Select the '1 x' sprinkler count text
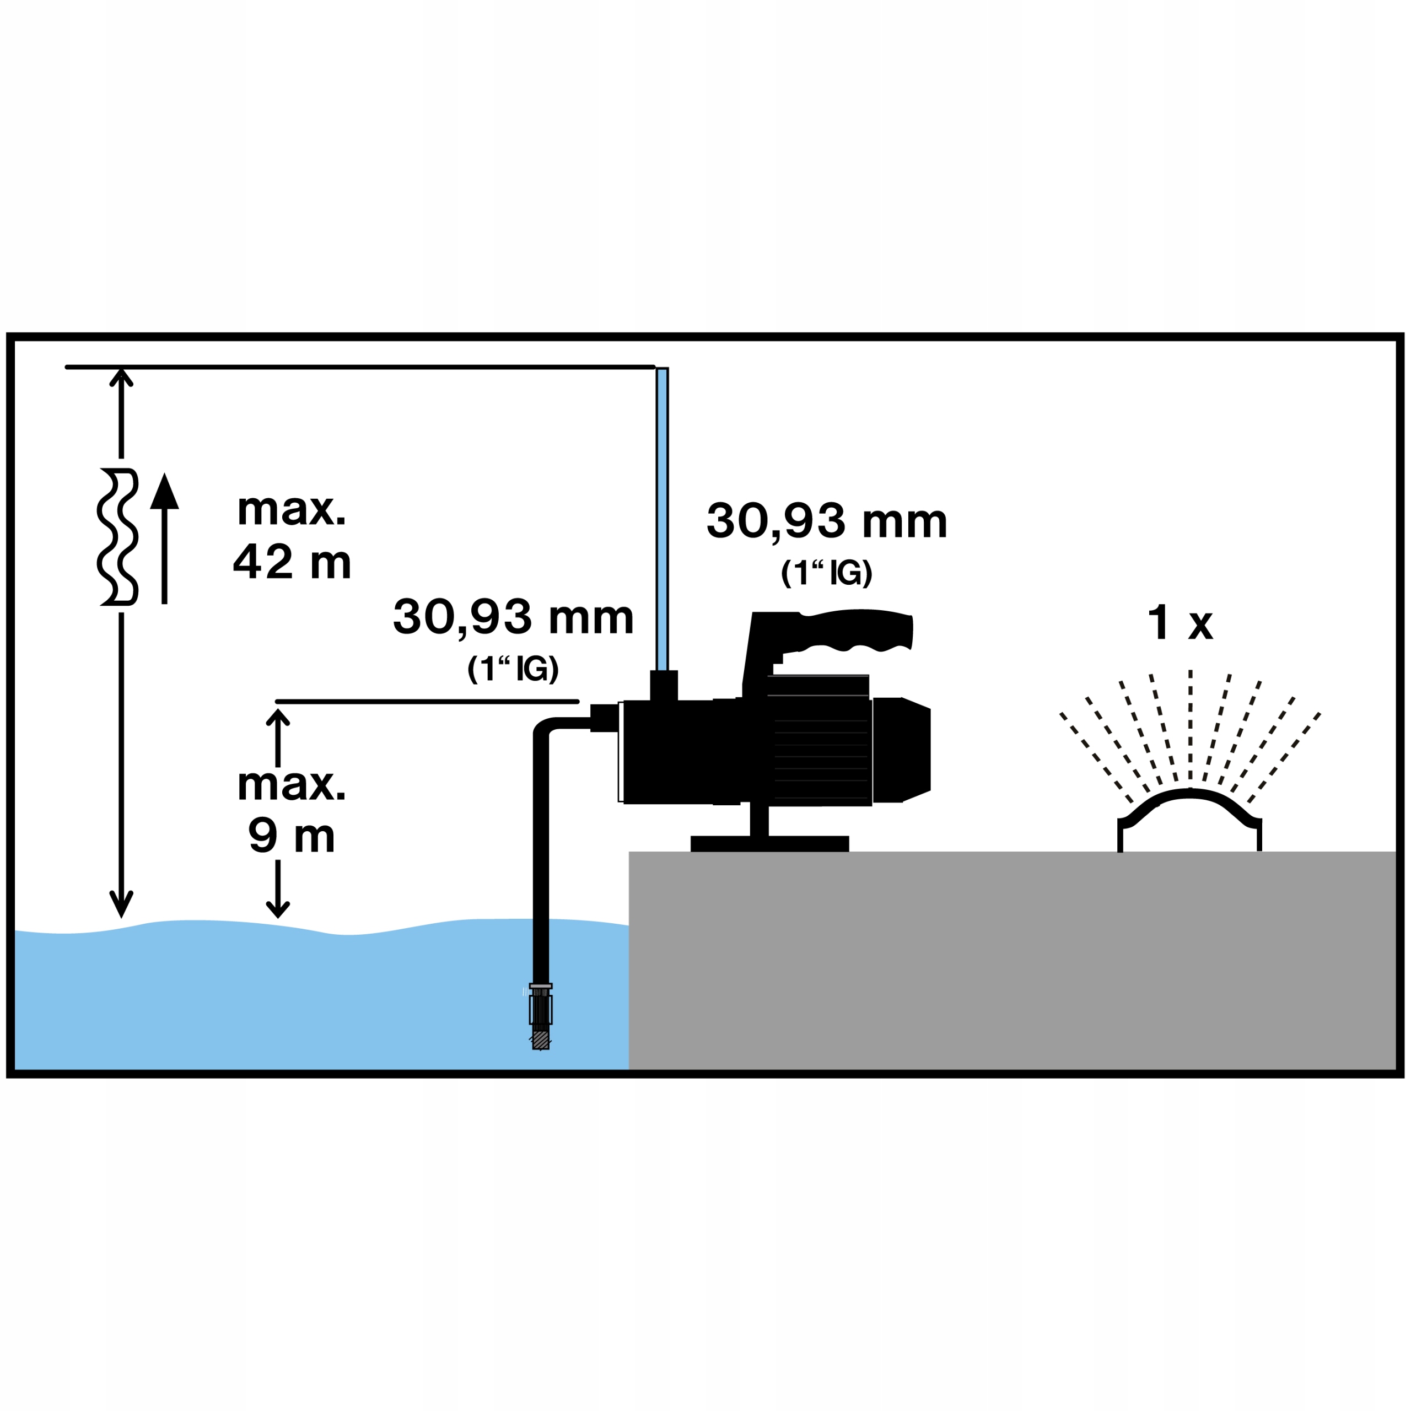(1180, 623)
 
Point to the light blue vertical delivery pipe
(661, 519)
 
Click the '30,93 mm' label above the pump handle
(827, 521)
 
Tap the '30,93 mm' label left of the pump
(514, 618)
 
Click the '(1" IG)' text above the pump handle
(827, 573)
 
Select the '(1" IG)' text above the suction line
(514, 669)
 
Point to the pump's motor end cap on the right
(902, 750)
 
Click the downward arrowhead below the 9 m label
(278, 909)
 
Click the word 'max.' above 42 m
(292, 510)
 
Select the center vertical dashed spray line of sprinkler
(1191, 726)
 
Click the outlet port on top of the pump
(663, 685)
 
